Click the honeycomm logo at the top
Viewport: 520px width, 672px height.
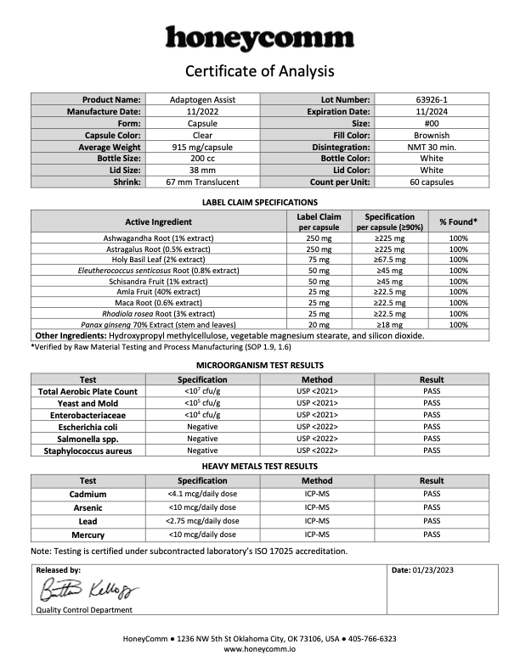coord(259,38)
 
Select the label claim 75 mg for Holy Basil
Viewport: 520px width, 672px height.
coord(319,260)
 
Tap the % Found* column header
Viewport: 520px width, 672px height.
coord(458,222)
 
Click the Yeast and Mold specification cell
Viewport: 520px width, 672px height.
coord(202,403)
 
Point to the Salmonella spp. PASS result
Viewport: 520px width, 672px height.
coord(432,439)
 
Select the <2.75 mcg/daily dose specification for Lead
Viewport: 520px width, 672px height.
coord(204,521)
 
